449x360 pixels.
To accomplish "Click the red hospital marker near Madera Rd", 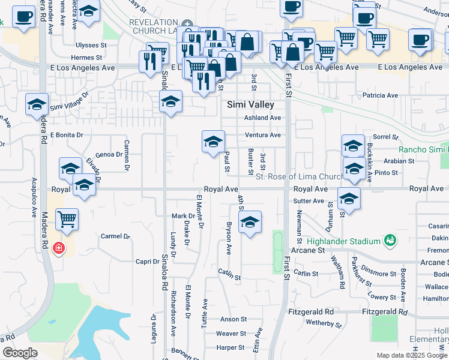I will point(58,247).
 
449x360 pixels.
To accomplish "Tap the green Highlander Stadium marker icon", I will point(391,241).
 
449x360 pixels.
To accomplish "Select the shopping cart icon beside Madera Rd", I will point(67,219).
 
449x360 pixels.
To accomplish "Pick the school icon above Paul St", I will point(213,142).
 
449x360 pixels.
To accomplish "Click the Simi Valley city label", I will point(250,104).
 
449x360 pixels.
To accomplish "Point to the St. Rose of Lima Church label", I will point(298,176).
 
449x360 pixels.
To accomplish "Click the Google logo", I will point(20,353).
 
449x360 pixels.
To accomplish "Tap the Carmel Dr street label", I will point(115,236).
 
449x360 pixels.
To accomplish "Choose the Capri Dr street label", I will point(147,262).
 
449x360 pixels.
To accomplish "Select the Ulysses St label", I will point(91,45).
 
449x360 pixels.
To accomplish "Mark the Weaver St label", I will point(231,334).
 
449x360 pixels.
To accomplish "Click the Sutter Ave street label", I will point(309,201).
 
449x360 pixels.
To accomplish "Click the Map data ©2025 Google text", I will point(412,355).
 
